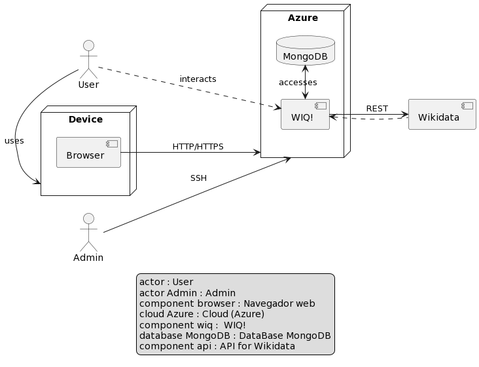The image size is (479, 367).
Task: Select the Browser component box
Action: point(88,152)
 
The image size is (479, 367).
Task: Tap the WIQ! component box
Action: point(305,115)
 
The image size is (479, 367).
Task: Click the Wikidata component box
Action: point(442,115)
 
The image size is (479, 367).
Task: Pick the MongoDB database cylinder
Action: point(305,51)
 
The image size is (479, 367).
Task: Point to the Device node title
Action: point(86,119)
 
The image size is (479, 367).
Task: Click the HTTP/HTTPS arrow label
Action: point(198,146)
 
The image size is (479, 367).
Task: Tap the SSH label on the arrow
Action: point(198,178)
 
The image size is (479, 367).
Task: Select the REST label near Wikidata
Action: point(377,108)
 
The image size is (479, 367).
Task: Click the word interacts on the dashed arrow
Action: point(198,79)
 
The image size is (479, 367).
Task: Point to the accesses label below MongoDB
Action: point(298,83)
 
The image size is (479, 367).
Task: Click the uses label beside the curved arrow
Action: point(14,141)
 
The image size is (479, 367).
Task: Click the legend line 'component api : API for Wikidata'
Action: point(217,346)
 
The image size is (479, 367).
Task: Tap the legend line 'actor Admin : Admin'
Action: point(187,293)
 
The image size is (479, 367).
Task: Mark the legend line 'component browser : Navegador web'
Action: point(227,303)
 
